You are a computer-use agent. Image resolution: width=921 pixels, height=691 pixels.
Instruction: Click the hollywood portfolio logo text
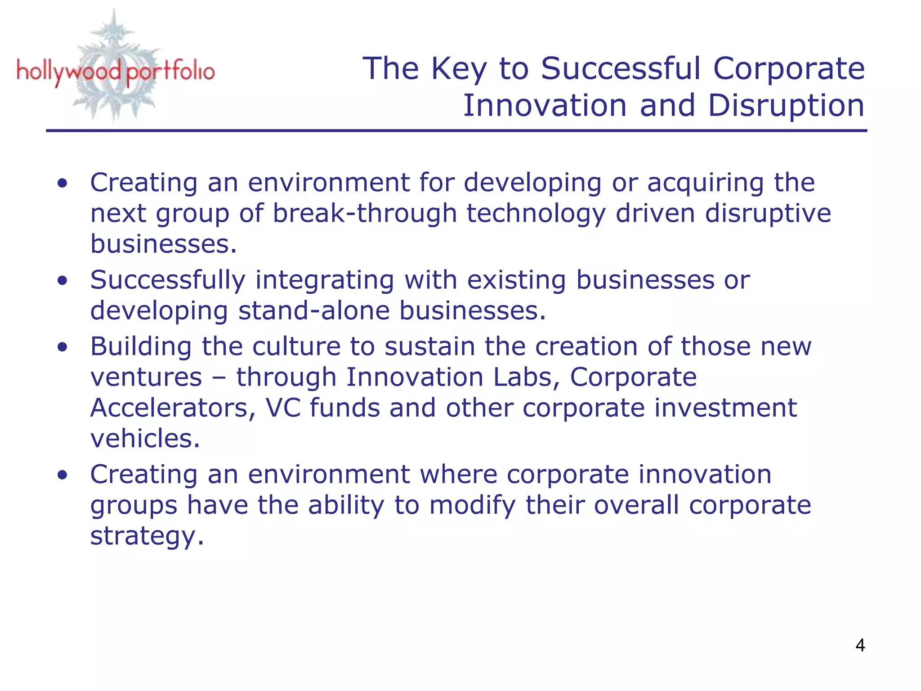[x=116, y=72]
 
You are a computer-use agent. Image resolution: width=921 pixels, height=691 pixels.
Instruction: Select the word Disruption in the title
[x=786, y=106]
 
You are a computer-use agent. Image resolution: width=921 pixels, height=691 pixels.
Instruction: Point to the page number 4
[x=860, y=646]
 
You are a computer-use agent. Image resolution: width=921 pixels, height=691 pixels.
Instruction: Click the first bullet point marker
[x=63, y=184]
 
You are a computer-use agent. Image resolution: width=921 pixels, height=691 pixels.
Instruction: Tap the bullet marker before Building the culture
[x=63, y=347]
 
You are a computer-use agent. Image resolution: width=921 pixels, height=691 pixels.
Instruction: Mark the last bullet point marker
[x=63, y=475]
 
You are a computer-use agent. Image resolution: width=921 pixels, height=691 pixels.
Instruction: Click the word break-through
[x=365, y=213]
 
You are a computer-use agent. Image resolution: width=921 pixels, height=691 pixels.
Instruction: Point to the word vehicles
[x=145, y=439]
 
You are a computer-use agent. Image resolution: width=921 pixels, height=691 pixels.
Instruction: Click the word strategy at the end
[x=147, y=536]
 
